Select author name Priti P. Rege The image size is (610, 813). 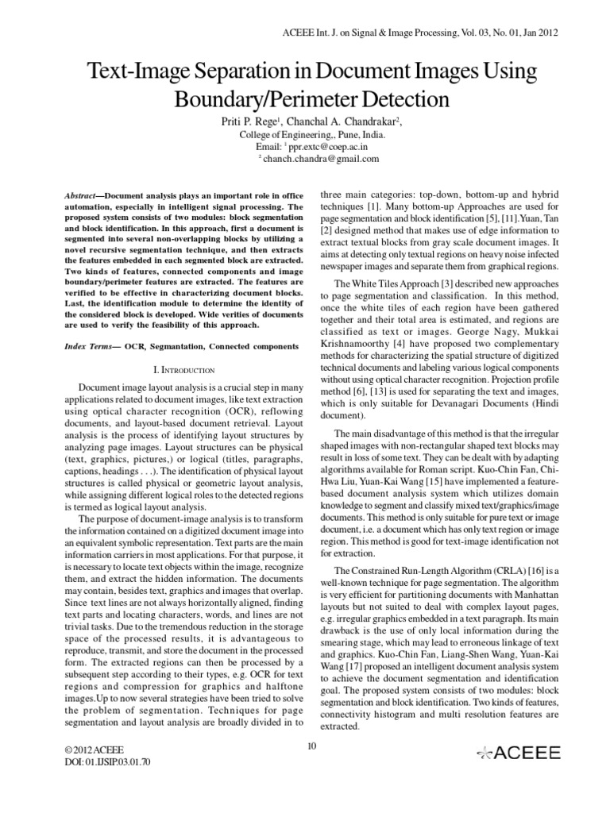(243, 121)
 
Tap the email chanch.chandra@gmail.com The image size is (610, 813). (321, 159)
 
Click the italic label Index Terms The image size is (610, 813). (86, 345)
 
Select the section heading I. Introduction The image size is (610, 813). (183, 370)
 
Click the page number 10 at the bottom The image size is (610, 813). (311, 744)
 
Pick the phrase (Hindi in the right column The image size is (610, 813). (531, 403)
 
